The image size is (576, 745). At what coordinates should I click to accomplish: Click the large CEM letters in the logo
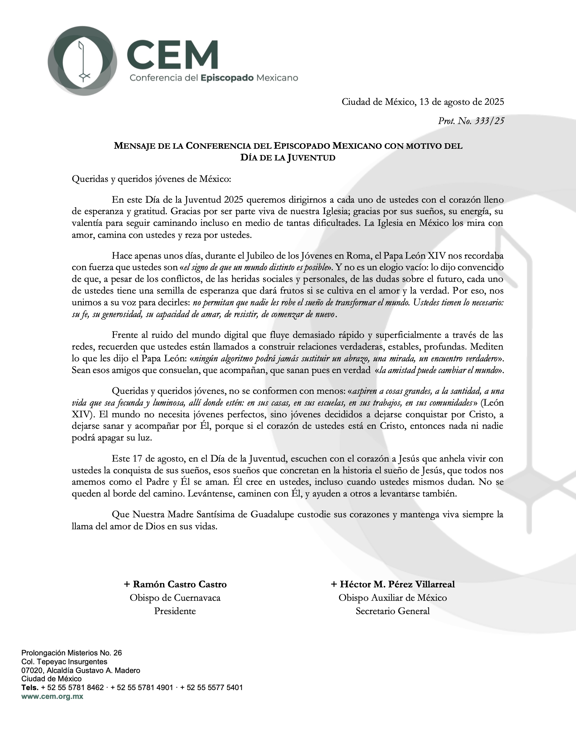coord(172,55)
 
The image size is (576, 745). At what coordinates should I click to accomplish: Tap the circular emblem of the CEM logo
coord(82,61)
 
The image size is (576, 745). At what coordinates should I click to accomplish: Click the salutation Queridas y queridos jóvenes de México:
coord(152,179)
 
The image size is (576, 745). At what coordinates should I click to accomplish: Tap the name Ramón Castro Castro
coord(180,584)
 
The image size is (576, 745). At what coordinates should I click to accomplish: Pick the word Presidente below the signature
coord(175,611)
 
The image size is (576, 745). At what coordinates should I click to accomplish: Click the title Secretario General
coord(393,611)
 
